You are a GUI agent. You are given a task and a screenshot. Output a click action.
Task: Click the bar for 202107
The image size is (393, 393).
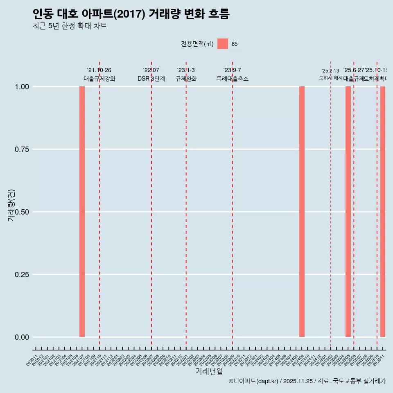tap(82, 212)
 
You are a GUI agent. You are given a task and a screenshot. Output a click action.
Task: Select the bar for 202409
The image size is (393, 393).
tap(302, 212)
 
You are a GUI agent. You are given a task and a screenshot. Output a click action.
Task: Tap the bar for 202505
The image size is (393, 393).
tap(348, 212)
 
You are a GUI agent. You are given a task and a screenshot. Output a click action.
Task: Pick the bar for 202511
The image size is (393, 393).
tap(383, 212)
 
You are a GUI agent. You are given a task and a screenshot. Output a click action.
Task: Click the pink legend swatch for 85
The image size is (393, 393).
tap(223, 44)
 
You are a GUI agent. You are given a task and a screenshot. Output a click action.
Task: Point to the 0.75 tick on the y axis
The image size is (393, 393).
tap(22, 149)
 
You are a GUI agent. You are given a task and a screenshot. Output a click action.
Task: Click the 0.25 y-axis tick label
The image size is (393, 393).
tap(22, 275)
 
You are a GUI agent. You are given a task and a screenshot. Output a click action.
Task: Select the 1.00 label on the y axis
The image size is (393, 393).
tap(22, 87)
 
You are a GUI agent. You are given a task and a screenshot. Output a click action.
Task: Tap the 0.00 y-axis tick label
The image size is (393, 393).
tap(22, 337)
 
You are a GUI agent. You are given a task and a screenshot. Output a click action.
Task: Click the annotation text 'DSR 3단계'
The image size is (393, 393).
tap(151, 79)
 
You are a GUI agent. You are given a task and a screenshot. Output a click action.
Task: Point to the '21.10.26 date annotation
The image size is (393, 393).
tap(99, 70)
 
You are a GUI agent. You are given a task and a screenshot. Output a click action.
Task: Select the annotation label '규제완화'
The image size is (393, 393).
tap(186, 79)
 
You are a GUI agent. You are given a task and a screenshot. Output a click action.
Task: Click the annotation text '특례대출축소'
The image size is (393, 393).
tap(233, 79)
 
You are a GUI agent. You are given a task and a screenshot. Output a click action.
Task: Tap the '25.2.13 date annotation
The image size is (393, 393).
tap(330, 71)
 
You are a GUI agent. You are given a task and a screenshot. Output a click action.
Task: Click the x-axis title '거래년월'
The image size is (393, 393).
tap(209, 372)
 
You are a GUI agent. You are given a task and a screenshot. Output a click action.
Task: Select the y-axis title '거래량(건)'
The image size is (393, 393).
tap(11, 206)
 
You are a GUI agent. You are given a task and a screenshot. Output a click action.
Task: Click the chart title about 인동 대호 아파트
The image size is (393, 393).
tap(131, 14)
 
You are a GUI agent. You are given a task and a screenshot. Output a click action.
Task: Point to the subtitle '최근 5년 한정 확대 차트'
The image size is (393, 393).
tap(70, 26)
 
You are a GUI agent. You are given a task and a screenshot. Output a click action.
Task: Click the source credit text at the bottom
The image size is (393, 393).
tap(307, 382)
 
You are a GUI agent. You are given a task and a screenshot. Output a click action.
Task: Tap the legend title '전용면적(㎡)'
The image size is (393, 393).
tap(197, 44)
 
